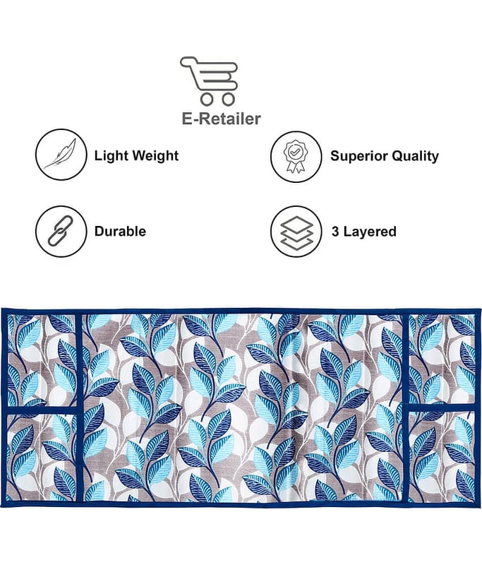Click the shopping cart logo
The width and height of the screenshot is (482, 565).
click(x=209, y=81)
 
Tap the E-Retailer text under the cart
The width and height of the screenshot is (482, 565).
click(x=221, y=119)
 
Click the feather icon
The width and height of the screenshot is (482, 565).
click(x=60, y=154)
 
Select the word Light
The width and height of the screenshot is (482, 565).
click(x=111, y=155)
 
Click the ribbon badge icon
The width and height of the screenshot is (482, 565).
click(x=295, y=156)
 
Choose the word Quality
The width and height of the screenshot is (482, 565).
click(x=415, y=156)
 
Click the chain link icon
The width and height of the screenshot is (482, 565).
click(x=61, y=231)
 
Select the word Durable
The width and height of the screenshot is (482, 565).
click(x=120, y=232)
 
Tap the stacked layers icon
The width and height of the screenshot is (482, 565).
click(x=296, y=232)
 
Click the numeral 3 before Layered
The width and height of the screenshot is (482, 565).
click(x=335, y=232)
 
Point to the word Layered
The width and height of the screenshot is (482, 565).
click(x=370, y=232)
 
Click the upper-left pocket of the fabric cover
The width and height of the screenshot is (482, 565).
click(x=42, y=360)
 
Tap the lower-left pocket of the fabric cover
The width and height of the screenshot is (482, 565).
click(x=42, y=458)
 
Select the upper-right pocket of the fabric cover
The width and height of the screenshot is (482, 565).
click(x=442, y=359)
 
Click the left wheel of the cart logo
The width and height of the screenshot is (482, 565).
click(x=207, y=99)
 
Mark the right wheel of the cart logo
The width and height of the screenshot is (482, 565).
click(x=228, y=99)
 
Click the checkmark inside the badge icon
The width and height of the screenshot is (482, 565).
click(x=295, y=152)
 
